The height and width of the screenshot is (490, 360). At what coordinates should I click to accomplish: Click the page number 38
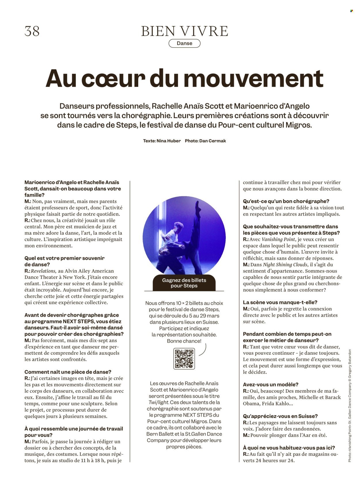32,31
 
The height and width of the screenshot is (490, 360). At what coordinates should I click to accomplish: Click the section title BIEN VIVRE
184,31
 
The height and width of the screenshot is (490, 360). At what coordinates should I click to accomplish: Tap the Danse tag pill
184,43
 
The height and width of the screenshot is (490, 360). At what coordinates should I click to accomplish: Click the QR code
184,358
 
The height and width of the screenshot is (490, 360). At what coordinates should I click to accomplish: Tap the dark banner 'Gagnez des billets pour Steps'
184,283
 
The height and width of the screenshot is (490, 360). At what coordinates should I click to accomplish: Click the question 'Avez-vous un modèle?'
270,385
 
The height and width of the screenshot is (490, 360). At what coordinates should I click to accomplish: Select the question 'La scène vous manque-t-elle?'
280,302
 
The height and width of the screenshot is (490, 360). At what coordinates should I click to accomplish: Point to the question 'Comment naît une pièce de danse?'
68,372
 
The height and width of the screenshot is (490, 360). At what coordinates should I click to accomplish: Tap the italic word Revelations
43,271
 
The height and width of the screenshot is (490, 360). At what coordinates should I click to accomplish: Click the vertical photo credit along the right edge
350,406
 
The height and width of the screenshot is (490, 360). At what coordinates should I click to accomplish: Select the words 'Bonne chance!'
184,341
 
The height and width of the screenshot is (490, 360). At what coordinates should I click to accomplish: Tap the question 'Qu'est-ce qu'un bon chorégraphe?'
286,201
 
